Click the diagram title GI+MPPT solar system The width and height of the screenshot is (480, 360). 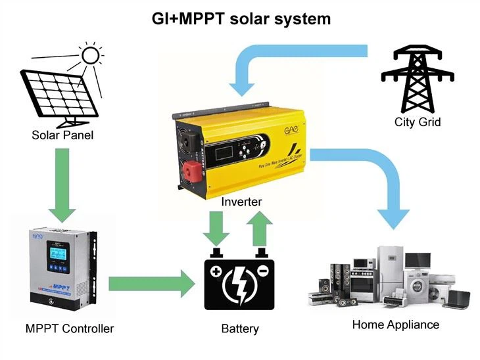point(241,18)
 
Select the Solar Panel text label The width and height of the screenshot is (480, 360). point(62,135)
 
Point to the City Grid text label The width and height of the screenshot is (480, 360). point(418,122)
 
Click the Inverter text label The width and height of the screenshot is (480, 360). point(241,202)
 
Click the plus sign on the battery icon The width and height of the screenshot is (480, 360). point(216,269)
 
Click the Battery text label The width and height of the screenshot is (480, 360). point(240,328)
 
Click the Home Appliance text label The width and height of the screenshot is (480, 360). point(396,325)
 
